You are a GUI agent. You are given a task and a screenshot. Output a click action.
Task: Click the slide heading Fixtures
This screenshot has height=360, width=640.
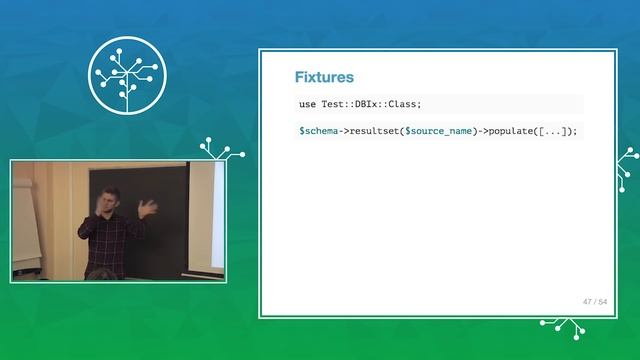point(324,77)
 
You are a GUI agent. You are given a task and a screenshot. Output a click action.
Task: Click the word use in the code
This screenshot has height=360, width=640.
point(308,104)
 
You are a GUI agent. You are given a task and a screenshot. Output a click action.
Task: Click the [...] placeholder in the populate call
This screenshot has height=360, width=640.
point(558,131)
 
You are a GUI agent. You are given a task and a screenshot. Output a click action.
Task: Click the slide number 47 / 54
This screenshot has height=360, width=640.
point(595,300)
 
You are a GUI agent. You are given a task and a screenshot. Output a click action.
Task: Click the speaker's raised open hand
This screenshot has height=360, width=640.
point(149,209)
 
